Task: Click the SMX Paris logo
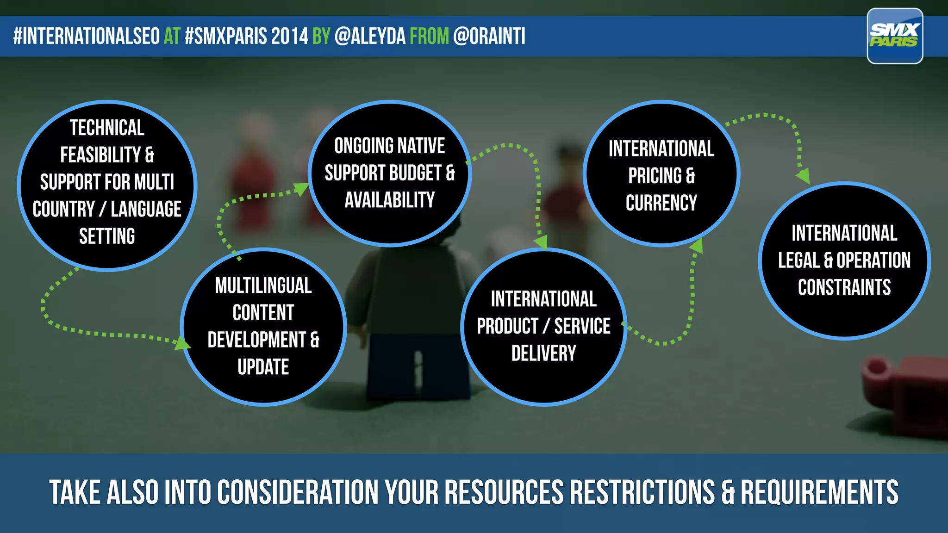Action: [894, 36]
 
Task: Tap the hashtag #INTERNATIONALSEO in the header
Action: [87, 36]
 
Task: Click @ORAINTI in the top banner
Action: [489, 36]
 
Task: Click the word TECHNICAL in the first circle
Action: [107, 128]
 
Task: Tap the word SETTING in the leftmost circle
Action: [107, 236]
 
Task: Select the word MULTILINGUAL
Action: [263, 286]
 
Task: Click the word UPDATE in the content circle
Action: [263, 367]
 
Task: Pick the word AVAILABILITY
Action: [389, 200]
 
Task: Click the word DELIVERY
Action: [543, 353]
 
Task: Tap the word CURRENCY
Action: [661, 203]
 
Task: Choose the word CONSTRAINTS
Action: [844, 287]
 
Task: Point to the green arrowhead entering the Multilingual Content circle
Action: [182, 343]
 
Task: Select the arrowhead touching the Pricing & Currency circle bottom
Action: [697, 246]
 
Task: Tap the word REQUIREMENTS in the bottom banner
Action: [819, 492]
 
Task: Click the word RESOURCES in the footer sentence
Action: [504, 492]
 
